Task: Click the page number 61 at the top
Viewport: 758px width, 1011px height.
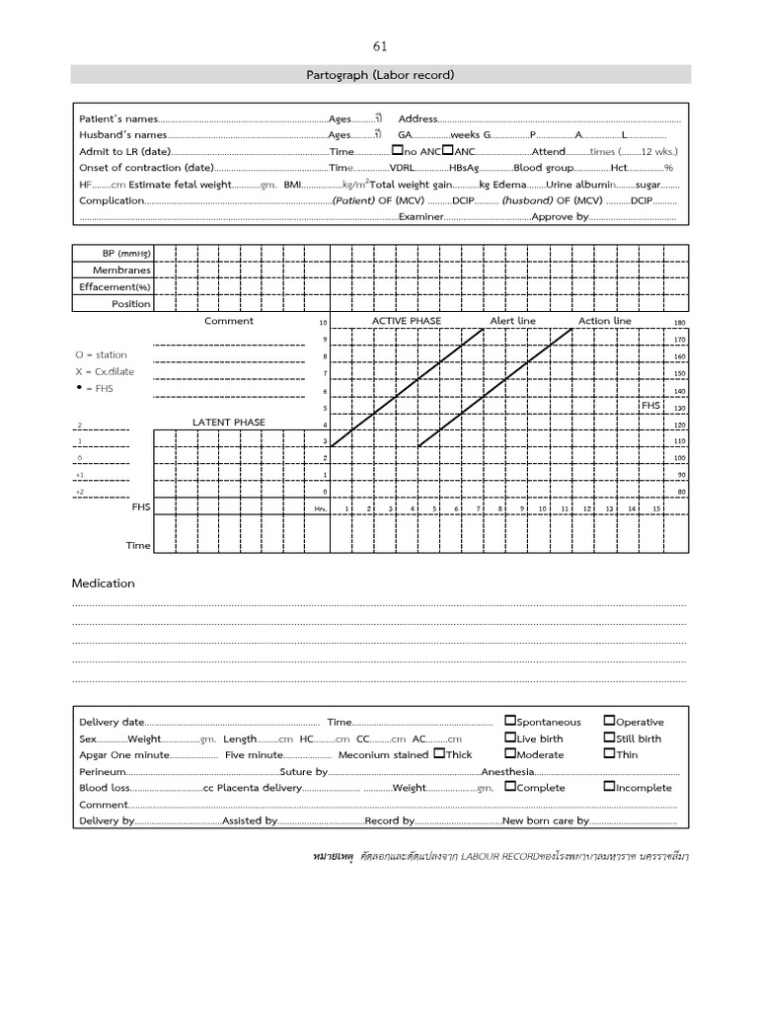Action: (x=380, y=46)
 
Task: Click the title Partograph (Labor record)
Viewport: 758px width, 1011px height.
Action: (x=380, y=75)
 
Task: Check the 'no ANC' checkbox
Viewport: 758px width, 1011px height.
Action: (x=397, y=151)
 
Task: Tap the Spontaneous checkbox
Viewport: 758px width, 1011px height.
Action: (x=509, y=722)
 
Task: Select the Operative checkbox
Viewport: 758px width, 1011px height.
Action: (x=608, y=722)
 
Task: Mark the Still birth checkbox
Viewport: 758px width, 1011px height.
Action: (x=608, y=738)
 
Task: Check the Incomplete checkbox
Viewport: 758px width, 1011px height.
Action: (x=608, y=787)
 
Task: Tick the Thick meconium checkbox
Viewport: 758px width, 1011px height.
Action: (x=438, y=754)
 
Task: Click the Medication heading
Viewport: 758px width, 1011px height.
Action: (x=103, y=583)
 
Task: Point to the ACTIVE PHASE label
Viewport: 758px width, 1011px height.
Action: (x=406, y=321)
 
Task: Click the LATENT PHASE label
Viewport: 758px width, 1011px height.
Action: (x=228, y=423)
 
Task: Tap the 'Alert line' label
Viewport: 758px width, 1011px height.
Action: (x=513, y=321)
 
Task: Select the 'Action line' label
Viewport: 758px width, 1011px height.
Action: (x=604, y=321)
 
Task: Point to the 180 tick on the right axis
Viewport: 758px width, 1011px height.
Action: (x=679, y=323)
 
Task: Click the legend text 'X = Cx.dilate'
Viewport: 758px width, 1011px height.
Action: (x=105, y=372)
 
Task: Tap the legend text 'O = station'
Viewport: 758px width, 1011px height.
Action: (x=101, y=354)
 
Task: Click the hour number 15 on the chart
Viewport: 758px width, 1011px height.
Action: (x=655, y=508)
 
